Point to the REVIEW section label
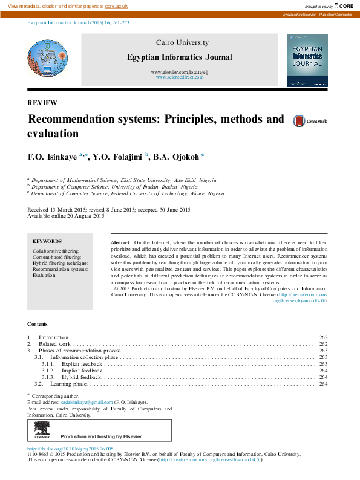[42, 103]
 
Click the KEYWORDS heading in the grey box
[47, 241]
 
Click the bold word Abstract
[120, 242]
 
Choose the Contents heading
[39, 324]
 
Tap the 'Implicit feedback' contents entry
[82, 370]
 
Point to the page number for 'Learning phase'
[323, 384]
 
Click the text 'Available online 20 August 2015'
[66, 216]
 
